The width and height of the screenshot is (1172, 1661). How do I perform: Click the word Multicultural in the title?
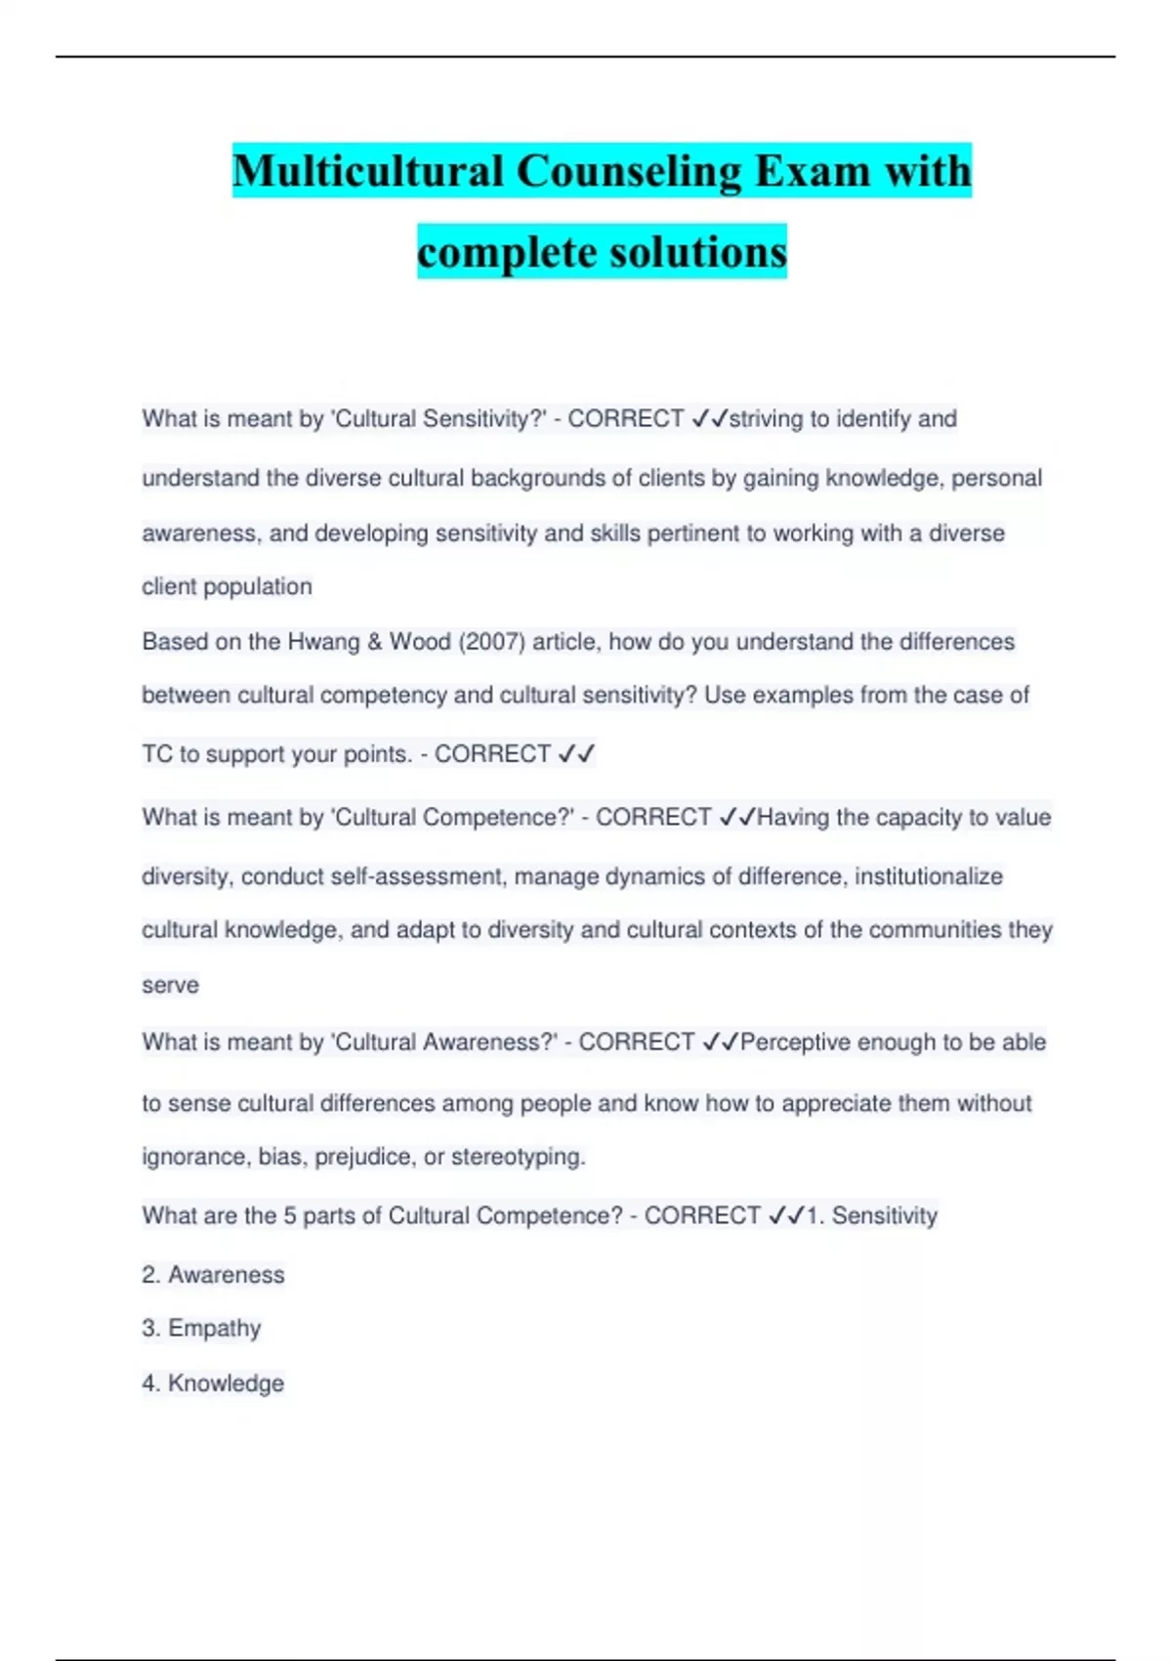coord(368,172)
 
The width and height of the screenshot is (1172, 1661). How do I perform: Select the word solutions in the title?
coord(697,252)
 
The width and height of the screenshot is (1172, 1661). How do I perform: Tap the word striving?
coord(766,419)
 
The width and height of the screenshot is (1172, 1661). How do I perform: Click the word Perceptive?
coord(795,1043)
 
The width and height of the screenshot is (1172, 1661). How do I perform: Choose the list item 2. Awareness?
coord(213,1275)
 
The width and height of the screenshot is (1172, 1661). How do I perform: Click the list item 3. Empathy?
coord(201,1329)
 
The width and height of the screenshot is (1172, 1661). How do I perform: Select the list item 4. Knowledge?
coord(213,1384)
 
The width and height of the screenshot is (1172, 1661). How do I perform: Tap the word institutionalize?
coord(928,876)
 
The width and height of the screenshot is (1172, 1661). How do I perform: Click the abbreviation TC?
coord(157,754)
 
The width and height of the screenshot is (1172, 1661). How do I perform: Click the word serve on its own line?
coord(170,985)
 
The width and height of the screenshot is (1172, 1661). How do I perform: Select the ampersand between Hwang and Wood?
coord(375,642)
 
